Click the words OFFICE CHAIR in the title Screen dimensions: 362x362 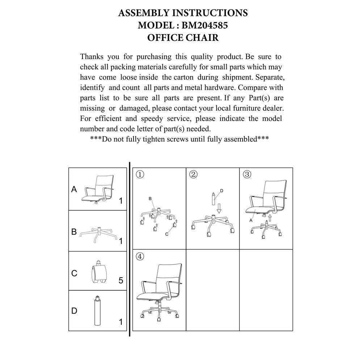[183, 38]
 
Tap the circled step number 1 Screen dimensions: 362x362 [140, 174]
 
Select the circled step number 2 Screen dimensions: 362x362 [193, 174]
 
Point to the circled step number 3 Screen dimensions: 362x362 [247, 174]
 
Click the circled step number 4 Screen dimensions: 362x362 [140, 256]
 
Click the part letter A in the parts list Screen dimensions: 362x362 [74, 189]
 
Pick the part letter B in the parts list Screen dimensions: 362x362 [74, 232]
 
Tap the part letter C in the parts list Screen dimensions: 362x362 [74, 273]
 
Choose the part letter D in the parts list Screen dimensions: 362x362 [74, 311]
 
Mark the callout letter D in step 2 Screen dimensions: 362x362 [222, 190]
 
